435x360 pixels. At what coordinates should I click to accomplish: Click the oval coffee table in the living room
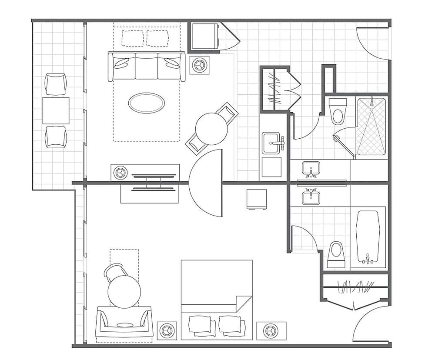pos(146,103)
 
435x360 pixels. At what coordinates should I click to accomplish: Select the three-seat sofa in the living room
pos(146,67)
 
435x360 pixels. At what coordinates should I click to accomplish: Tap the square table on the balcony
pos(56,110)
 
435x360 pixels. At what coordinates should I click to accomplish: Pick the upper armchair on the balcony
pos(56,84)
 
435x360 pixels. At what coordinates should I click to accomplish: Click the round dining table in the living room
pos(211,129)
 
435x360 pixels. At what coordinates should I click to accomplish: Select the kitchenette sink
pos(271,143)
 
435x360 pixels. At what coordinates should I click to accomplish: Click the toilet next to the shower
pos(338,112)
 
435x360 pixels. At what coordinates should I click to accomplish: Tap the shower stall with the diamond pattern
pos(371,127)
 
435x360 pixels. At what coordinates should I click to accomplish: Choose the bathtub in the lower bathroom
pos(368,237)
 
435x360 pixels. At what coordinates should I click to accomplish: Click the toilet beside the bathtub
pos(336,254)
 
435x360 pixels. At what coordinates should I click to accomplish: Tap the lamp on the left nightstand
pos(167,330)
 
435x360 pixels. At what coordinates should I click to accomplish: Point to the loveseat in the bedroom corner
pos(124,323)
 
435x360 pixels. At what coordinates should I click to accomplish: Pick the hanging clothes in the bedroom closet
pos(356,287)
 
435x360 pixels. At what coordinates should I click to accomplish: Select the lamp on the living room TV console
pos(120,173)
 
